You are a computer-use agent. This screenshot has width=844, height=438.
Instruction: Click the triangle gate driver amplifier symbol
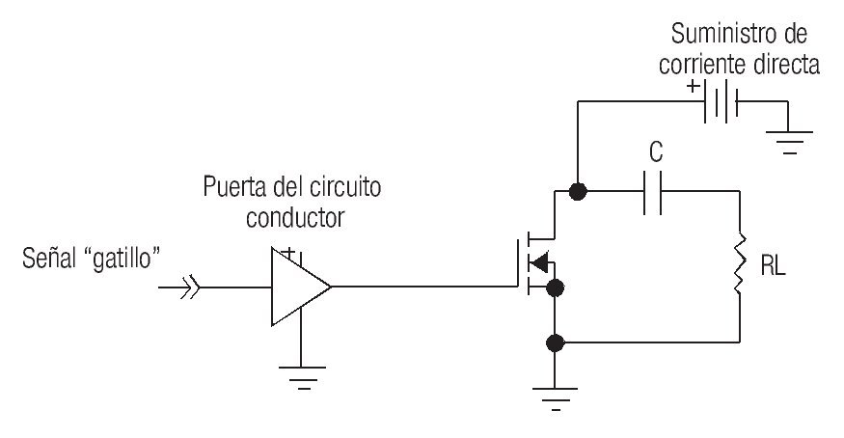[298, 287]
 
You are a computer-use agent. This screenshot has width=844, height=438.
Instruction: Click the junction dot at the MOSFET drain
[577, 191]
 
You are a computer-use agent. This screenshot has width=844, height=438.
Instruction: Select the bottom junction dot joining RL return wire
[555, 342]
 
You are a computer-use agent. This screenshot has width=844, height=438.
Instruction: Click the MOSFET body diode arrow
[540, 262]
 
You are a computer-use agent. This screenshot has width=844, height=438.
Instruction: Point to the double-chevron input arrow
[188, 287]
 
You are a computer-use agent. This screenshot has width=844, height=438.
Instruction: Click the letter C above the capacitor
[657, 152]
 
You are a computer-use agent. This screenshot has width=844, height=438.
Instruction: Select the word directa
[786, 66]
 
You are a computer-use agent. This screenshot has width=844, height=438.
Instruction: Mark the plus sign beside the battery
[693, 85]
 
